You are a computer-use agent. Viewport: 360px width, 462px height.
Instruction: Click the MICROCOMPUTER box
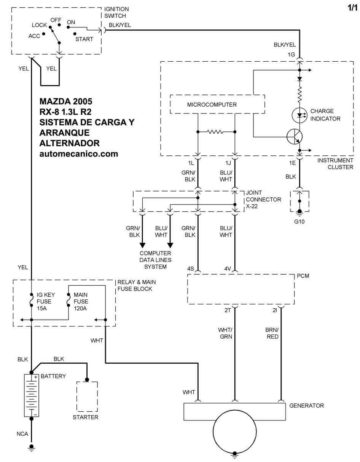(217, 104)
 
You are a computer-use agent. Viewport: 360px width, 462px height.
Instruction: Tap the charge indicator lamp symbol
(299, 115)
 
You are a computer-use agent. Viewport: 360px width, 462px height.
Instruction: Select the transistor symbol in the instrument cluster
(295, 136)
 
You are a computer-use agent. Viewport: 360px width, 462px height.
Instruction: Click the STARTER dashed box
(87, 396)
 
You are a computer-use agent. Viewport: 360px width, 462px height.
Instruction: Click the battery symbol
(31, 395)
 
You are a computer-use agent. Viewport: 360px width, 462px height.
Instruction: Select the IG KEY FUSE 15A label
(44, 301)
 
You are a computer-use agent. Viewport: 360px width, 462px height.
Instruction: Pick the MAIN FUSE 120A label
(81, 301)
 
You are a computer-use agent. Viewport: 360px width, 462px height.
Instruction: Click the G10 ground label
(299, 222)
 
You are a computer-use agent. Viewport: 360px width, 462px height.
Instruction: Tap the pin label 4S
(191, 269)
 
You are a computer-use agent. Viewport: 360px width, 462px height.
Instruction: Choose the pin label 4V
(228, 269)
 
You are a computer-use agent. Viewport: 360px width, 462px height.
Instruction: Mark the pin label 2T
(228, 310)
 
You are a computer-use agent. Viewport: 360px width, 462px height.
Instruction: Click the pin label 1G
(291, 54)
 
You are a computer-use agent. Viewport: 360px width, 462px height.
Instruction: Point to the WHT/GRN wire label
(225, 333)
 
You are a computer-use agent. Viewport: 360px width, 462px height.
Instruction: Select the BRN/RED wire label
(272, 333)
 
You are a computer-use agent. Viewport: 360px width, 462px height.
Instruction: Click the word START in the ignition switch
(84, 39)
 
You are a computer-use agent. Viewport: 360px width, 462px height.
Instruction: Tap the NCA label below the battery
(22, 434)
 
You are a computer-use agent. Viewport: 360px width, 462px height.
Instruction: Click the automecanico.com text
(79, 154)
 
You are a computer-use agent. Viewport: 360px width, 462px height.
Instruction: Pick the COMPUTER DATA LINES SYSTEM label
(155, 260)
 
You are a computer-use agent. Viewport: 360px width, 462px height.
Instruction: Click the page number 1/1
(353, 7)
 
